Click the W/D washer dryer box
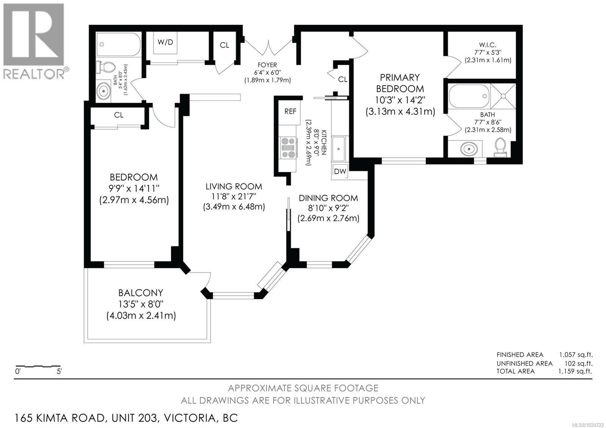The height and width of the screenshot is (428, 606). click(x=166, y=42)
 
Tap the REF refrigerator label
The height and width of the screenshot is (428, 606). click(x=291, y=111)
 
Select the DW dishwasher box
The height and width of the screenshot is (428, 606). click(x=340, y=171)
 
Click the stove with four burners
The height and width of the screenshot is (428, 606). click(x=288, y=147)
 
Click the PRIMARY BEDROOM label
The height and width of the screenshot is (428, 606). click(x=400, y=83)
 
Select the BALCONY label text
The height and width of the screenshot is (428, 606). click(x=141, y=293)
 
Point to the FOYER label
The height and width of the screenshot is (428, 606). click(x=267, y=65)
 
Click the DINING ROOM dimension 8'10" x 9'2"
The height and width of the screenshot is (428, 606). click(x=328, y=208)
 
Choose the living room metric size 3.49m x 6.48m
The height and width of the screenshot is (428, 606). click(x=234, y=207)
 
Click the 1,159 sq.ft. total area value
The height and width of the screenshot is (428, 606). click(x=575, y=371)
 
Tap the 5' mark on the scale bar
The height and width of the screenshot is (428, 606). click(x=59, y=372)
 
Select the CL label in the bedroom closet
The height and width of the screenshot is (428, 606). click(x=119, y=115)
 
